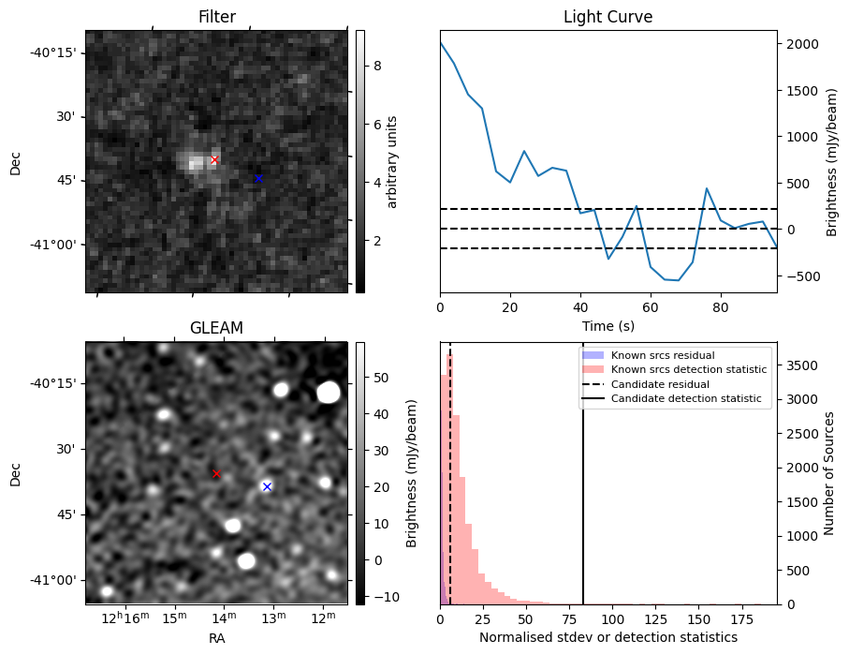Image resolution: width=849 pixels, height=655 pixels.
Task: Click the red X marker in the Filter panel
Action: (x=214, y=160)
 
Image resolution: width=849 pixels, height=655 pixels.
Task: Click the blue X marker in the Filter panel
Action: (x=258, y=178)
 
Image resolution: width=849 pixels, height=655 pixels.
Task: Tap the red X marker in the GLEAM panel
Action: (x=216, y=474)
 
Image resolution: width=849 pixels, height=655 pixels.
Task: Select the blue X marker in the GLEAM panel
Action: (x=267, y=486)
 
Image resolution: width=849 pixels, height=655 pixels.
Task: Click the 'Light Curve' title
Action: (x=607, y=17)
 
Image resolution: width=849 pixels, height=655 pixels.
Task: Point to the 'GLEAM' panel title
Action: (x=216, y=328)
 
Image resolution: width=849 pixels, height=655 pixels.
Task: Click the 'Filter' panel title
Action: (x=216, y=17)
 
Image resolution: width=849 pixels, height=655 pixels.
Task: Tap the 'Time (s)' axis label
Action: (x=607, y=324)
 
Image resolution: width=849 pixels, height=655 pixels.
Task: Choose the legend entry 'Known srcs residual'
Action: (x=662, y=356)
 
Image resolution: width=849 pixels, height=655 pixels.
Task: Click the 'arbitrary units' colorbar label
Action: (x=392, y=161)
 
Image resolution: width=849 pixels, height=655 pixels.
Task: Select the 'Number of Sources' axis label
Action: (x=828, y=473)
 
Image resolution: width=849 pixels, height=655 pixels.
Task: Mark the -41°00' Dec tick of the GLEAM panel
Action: (x=56, y=580)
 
